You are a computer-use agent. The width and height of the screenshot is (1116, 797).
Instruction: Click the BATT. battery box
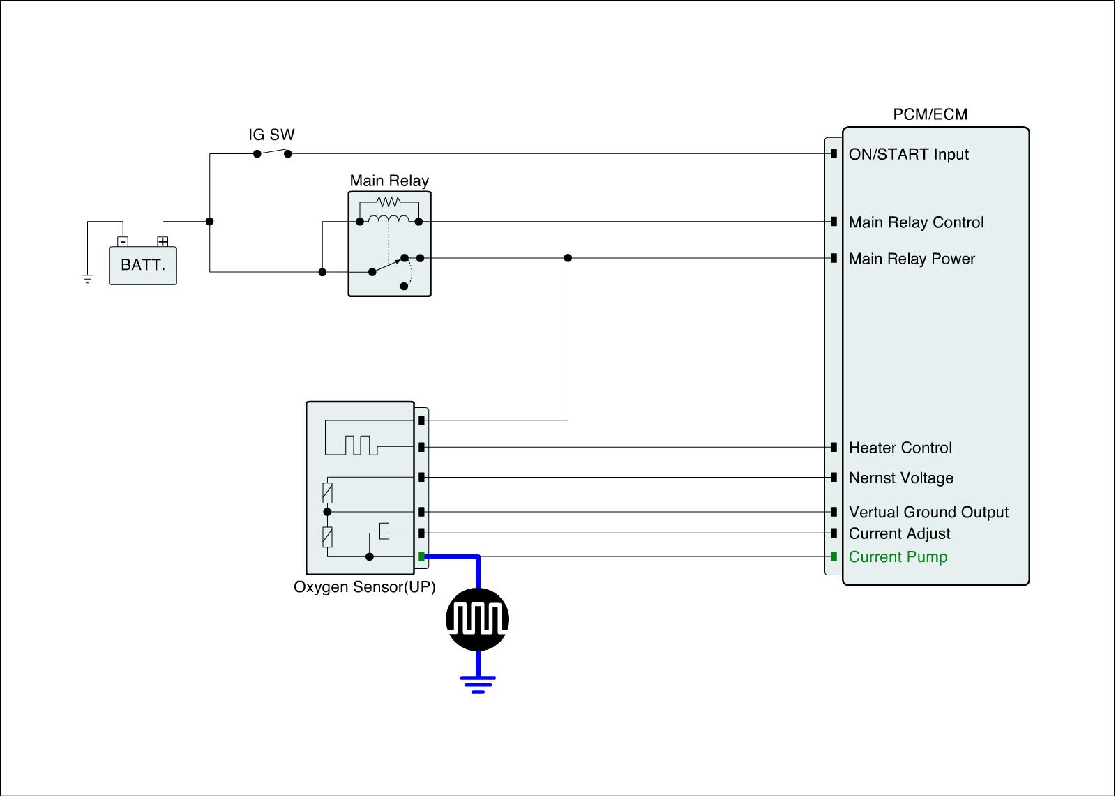[143, 266]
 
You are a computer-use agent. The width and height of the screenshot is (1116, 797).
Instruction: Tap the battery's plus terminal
[163, 242]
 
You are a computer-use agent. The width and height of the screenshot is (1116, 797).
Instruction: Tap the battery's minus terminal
[123, 242]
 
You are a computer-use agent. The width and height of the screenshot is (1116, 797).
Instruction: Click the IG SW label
[272, 135]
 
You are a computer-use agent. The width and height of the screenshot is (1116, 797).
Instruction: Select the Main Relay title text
[389, 181]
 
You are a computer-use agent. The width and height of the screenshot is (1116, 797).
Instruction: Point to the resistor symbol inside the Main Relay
[388, 202]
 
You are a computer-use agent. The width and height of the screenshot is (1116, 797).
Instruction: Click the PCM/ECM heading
[930, 114]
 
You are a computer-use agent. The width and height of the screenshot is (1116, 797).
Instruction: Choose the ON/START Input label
[908, 154]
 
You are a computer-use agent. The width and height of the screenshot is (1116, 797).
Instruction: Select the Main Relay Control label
[916, 222]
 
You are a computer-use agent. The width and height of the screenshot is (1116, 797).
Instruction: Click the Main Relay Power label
[912, 259]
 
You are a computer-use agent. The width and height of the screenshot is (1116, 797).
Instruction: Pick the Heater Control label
[900, 448]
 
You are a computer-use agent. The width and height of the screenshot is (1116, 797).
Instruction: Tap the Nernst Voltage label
[900, 478]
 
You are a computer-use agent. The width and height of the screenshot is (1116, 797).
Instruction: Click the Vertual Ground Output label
[928, 512]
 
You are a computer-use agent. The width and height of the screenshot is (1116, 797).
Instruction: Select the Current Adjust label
[899, 533]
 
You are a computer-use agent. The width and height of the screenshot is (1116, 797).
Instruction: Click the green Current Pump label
[898, 556]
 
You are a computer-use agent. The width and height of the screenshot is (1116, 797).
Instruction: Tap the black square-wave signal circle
[478, 619]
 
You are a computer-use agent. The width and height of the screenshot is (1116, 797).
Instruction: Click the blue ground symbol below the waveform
[478, 683]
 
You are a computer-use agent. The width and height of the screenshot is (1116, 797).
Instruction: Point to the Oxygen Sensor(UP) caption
[364, 587]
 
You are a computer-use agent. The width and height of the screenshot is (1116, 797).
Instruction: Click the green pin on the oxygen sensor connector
[421, 556]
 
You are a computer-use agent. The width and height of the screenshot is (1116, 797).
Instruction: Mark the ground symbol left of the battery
[87, 279]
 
